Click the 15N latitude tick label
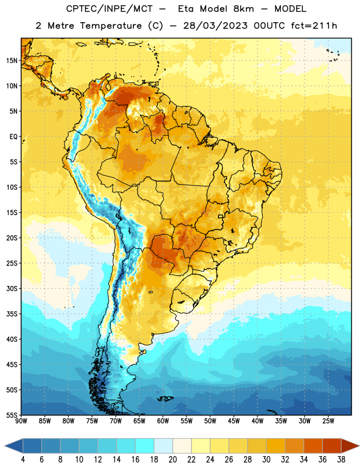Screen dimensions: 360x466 [x=12, y=61]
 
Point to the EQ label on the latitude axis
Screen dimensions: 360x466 [x=13, y=137]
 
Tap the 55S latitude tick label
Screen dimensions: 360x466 [x=12, y=415]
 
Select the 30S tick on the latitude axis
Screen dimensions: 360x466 [x=12, y=288]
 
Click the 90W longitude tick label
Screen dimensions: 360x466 [x=21, y=421]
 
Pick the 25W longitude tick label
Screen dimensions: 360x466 [x=328, y=421]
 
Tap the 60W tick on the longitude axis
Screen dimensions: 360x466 [x=163, y=421]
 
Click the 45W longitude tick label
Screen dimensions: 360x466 [x=234, y=421]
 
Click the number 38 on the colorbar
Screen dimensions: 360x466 [x=341, y=460]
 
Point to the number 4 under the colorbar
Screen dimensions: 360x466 [x=23, y=460]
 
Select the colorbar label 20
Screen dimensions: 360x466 [x=172, y=460]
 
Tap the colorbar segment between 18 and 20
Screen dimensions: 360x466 [x=164, y=446]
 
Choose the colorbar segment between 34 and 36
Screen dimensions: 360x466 [x=313, y=446]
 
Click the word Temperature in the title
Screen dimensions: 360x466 [x=111, y=26]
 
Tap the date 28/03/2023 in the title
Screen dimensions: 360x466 [x=215, y=26]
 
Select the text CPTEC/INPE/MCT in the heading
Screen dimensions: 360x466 [x=109, y=9]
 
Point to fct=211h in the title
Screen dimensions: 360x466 [x=314, y=26]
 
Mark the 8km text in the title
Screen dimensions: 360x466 [x=243, y=9]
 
